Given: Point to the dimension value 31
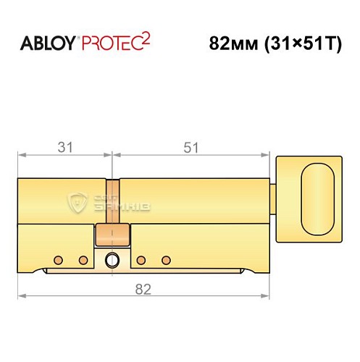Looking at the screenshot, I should point(65,148).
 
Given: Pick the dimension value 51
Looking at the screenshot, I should point(191,148).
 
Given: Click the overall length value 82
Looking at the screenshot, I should point(142,290).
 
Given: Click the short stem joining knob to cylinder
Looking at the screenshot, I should point(274,197).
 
